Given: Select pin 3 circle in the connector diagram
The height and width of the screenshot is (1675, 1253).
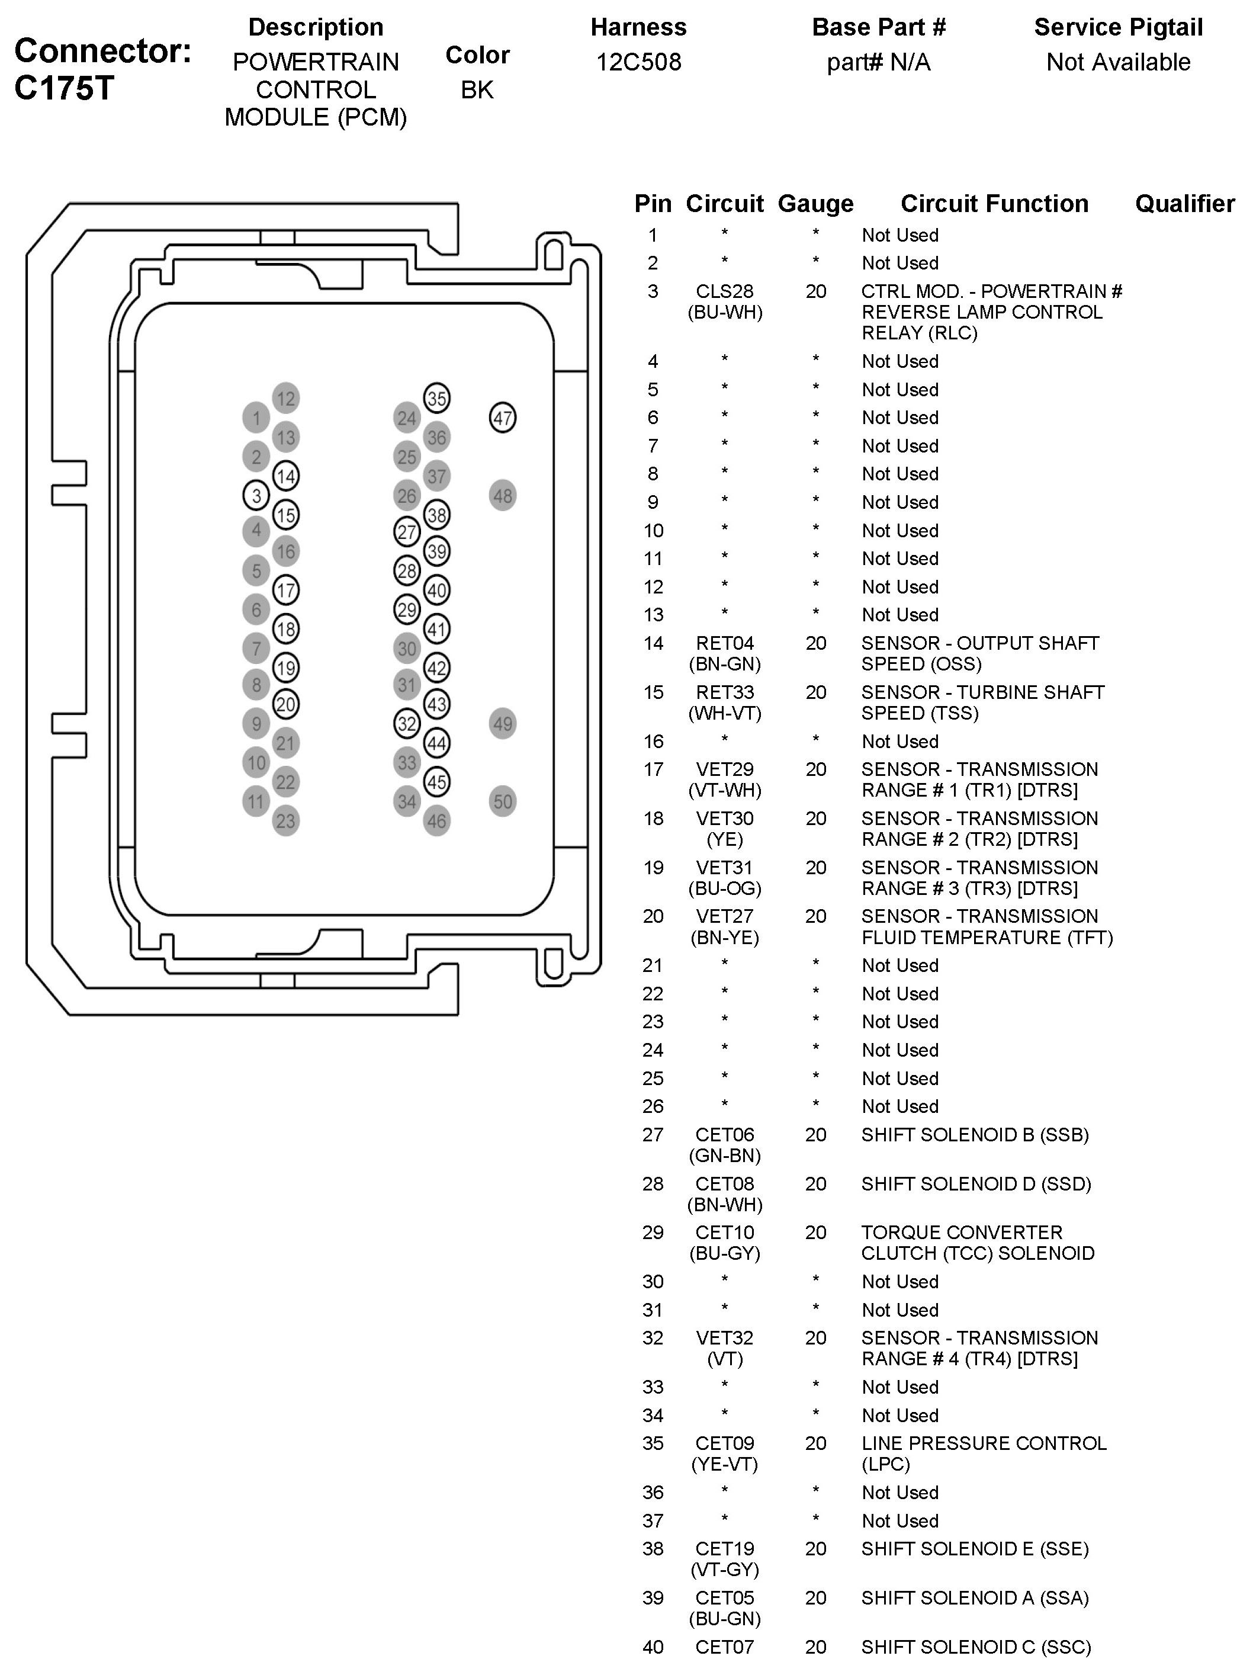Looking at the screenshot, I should [x=256, y=495].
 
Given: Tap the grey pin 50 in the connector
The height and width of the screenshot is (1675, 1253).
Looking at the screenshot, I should [x=503, y=801].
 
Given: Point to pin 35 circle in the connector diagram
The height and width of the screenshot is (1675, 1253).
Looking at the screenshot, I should [x=437, y=398].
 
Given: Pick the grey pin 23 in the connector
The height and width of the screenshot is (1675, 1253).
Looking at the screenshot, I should [x=285, y=821].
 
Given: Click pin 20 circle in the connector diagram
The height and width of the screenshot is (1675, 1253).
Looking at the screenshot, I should [x=285, y=704].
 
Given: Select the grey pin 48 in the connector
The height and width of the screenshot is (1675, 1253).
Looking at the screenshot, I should [x=503, y=496].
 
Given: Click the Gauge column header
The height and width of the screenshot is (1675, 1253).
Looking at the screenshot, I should [x=815, y=204].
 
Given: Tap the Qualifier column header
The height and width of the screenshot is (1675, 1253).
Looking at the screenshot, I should [x=1185, y=204].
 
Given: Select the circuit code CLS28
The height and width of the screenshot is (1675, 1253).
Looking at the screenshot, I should [x=725, y=291].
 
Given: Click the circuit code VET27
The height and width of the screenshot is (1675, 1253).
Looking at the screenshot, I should [x=725, y=916].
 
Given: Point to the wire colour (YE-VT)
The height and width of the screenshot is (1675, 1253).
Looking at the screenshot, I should [x=725, y=1464].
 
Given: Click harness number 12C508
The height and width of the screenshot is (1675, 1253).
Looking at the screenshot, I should [x=638, y=62].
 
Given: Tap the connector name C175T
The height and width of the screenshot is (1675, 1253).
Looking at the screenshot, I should [x=65, y=89].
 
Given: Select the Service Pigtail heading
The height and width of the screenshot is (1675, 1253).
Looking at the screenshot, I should [x=1118, y=27].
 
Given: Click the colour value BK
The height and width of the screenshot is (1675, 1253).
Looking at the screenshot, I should [x=477, y=89].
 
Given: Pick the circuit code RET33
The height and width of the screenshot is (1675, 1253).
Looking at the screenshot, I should [x=725, y=692].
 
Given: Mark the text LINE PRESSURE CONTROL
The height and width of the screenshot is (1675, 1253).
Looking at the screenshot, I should [x=984, y=1443].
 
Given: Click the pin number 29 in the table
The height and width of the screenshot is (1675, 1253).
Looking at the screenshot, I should [x=653, y=1232].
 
